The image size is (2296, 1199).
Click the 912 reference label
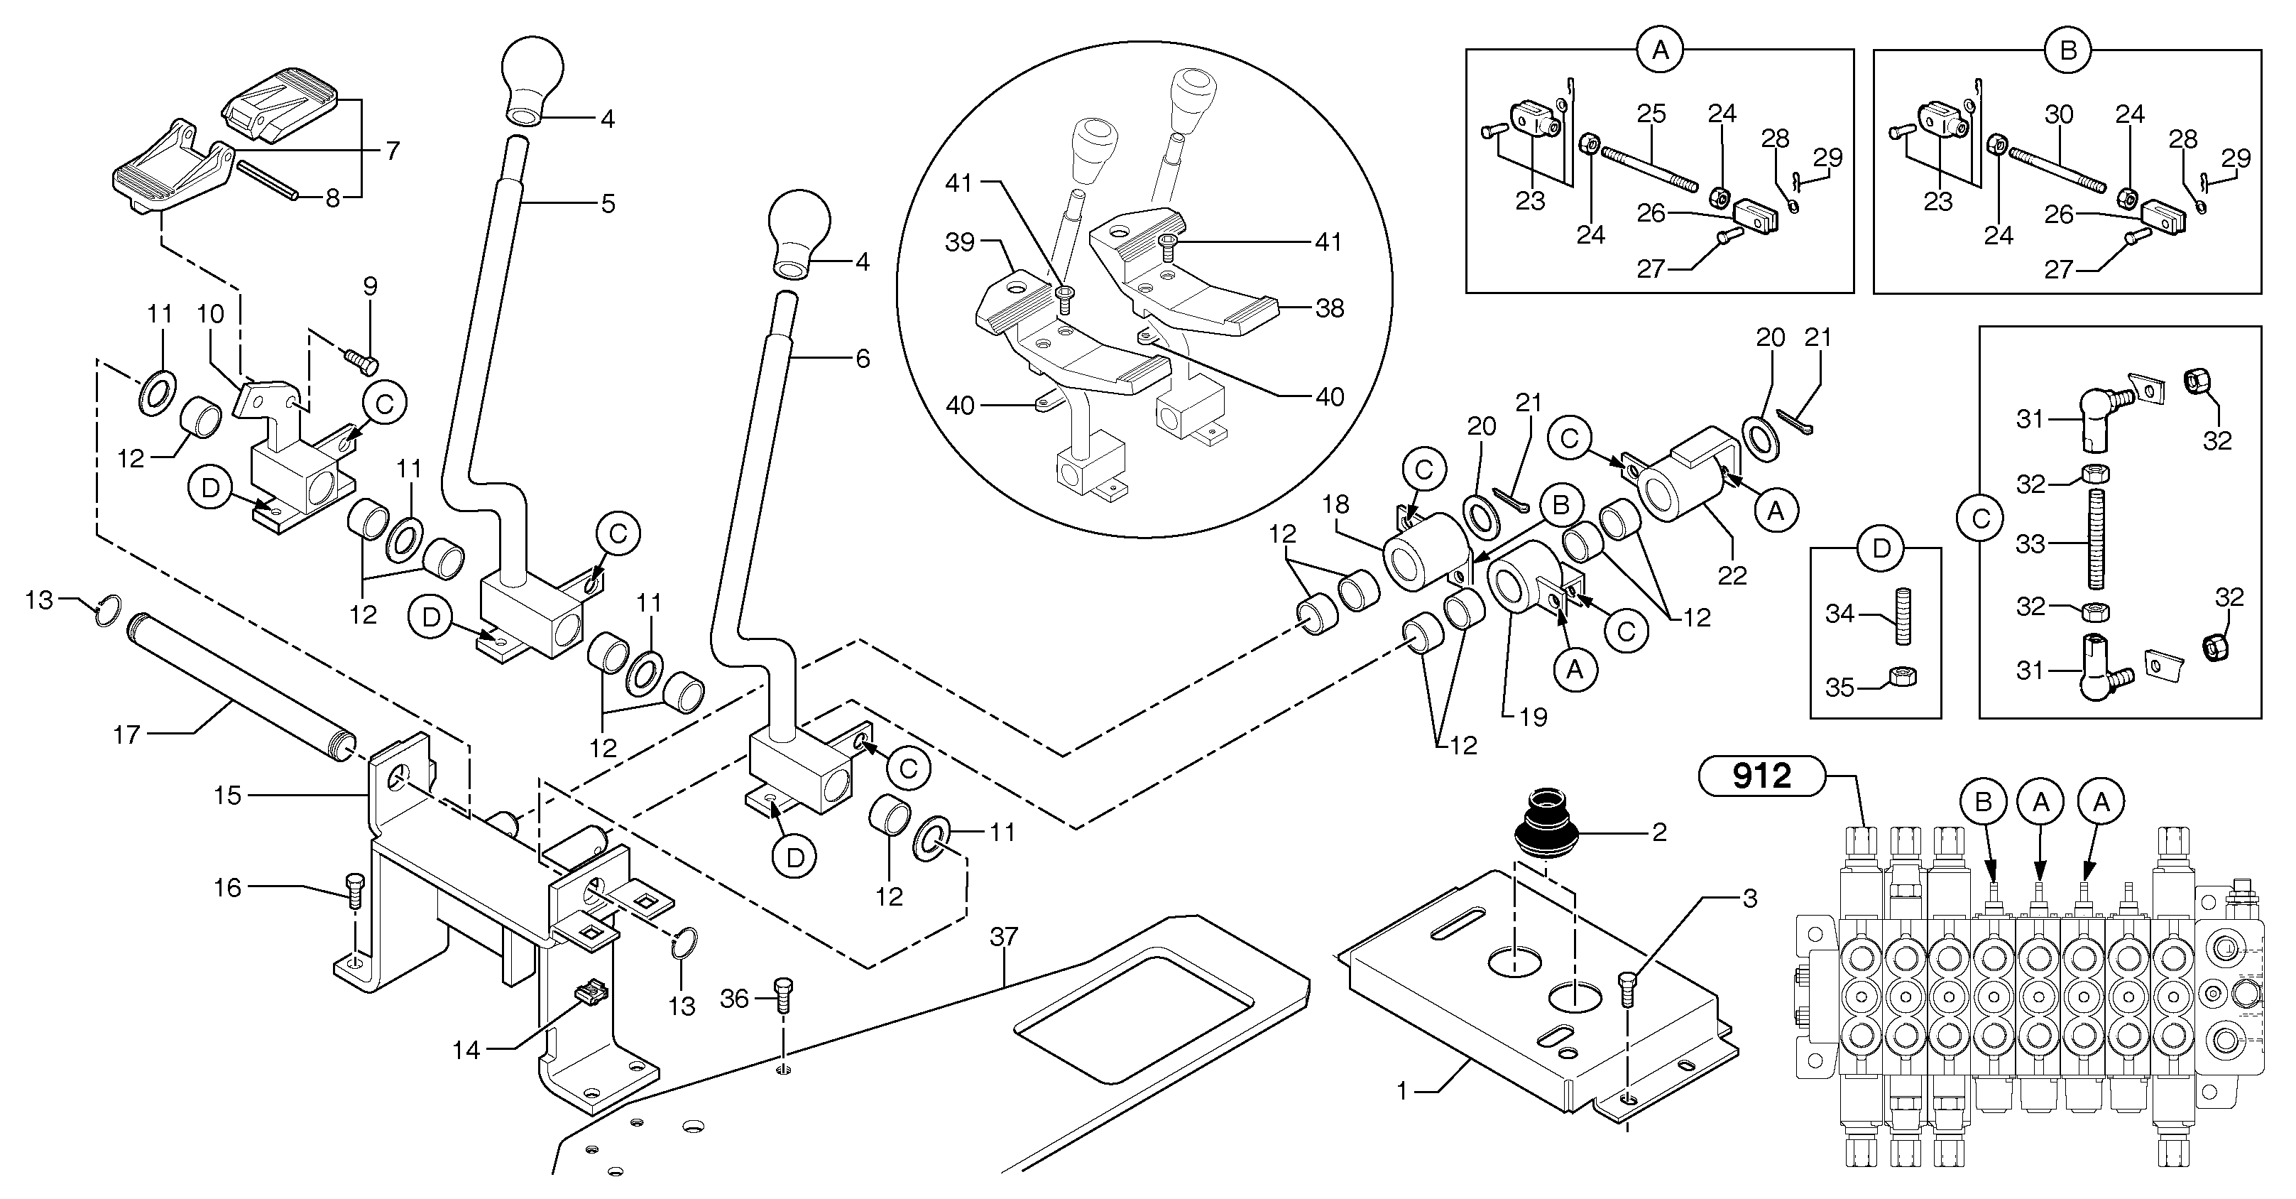pyautogui.click(x=1761, y=776)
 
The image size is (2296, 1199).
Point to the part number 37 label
pyautogui.click(x=1004, y=936)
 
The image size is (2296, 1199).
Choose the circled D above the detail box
pyautogui.click(x=1881, y=548)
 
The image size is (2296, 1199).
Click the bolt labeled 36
pyautogui.click(x=784, y=995)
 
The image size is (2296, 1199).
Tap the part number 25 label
pyautogui.click(x=1651, y=114)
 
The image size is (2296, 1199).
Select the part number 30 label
pyautogui.click(x=2058, y=114)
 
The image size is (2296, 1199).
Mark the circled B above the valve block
pyautogui.click(x=1983, y=803)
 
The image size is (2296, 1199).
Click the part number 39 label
pyautogui.click(x=959, y=242)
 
